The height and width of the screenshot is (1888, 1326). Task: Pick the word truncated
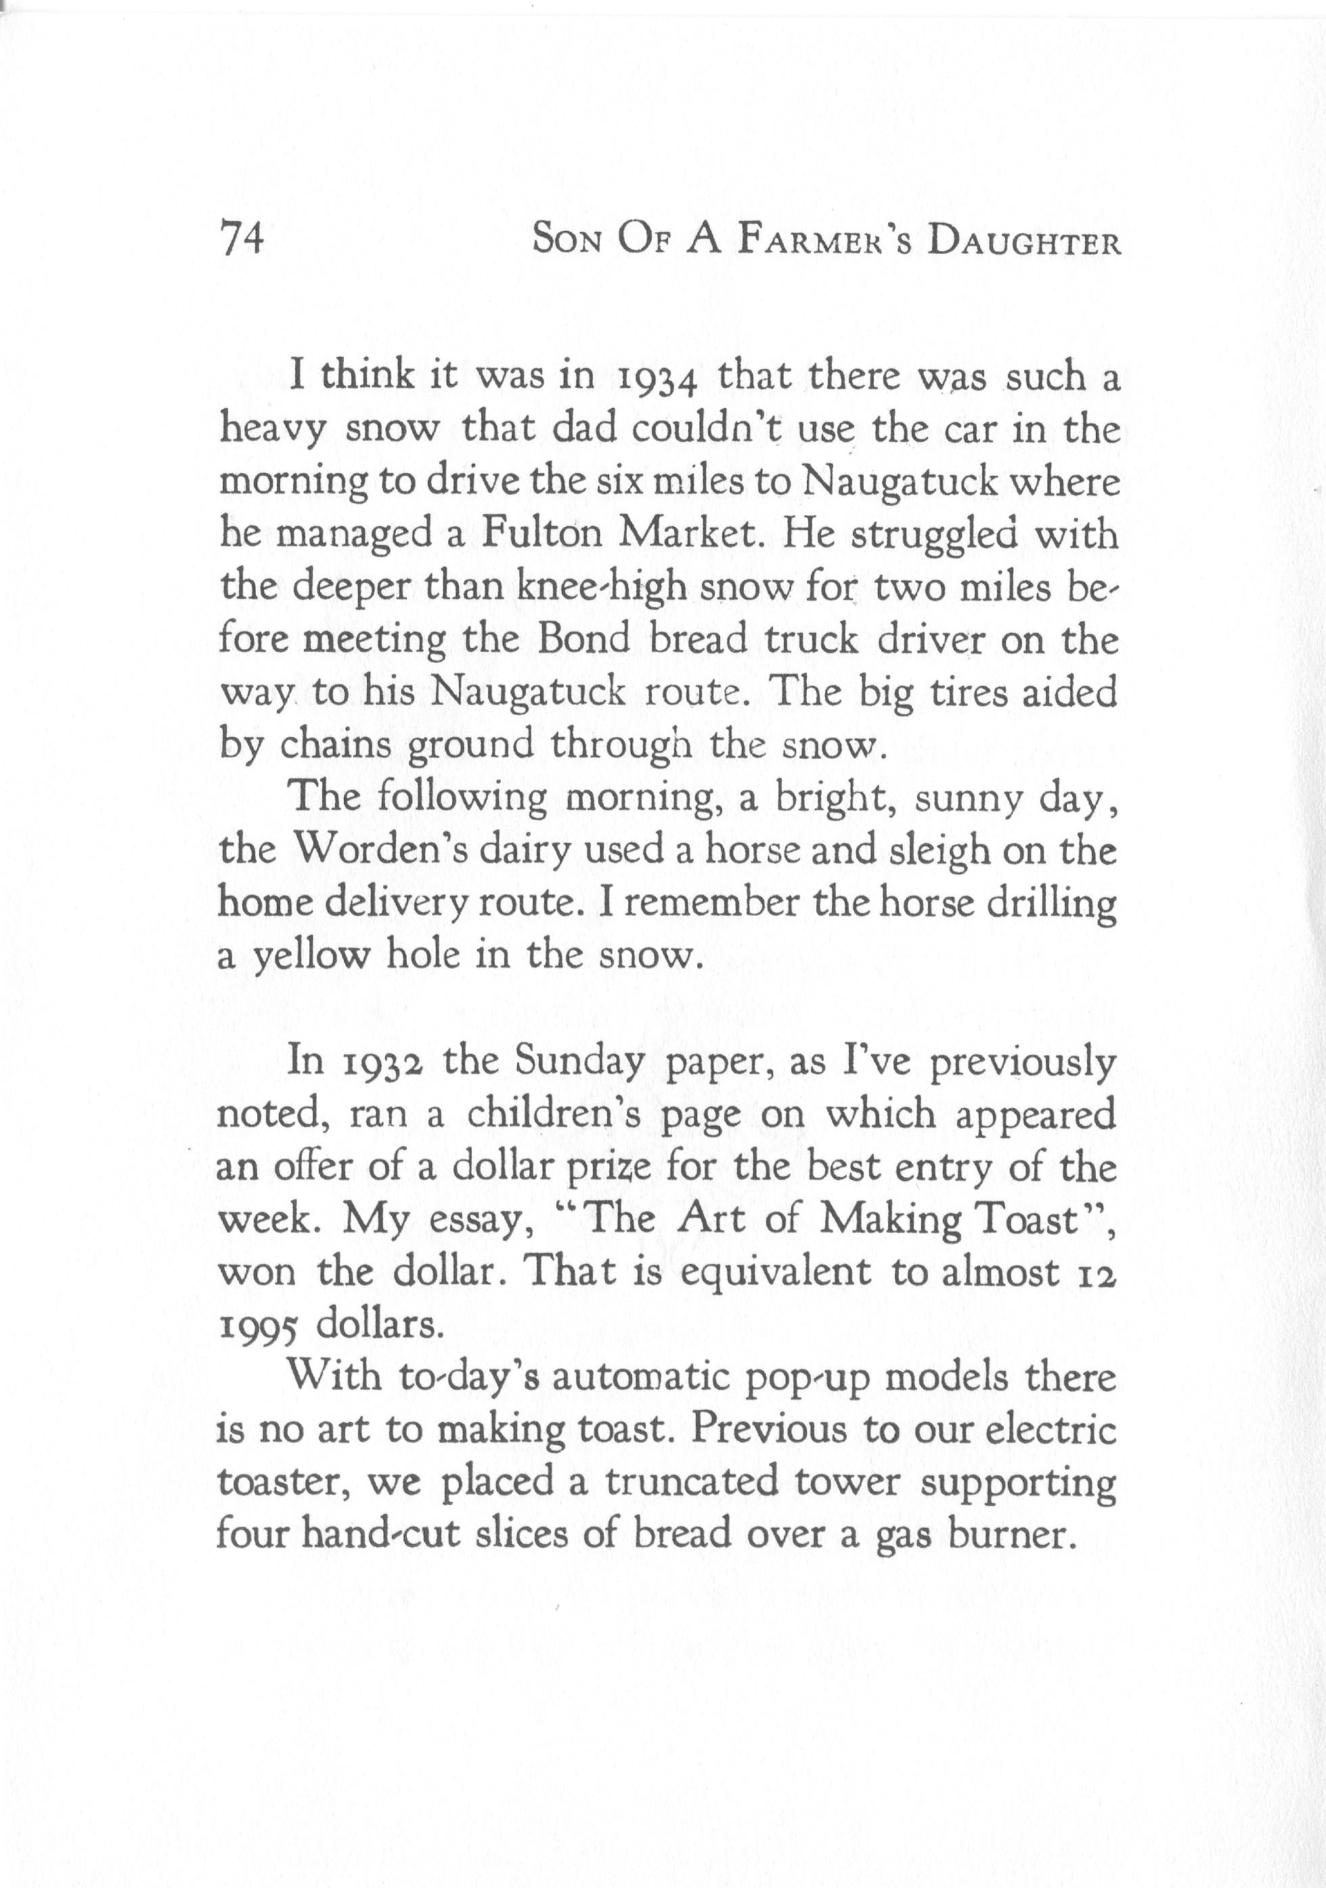(x=691, y=1485)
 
